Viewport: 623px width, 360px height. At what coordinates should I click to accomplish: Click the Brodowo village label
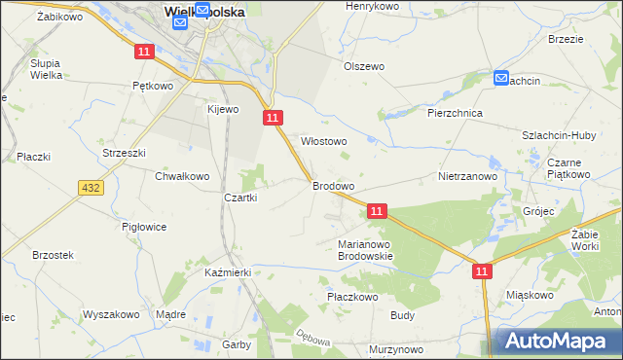click(332, 185)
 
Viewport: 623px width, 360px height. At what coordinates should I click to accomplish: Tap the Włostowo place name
click(324, 141)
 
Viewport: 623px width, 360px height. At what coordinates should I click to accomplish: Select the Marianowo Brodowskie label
click(364, 250)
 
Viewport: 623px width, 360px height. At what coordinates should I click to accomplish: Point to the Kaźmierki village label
click(229, 273)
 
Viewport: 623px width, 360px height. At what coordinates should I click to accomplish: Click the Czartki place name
click(240, 198)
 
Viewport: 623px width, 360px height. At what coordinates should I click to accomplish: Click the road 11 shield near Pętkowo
click(143, 51)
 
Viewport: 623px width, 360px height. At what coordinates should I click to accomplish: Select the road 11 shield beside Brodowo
click(378, 210)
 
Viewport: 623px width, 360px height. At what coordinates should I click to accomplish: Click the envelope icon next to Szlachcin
click(500, 78)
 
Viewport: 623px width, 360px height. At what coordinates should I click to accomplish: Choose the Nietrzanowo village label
click(467, 177)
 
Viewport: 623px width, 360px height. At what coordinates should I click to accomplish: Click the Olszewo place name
click(364, 66)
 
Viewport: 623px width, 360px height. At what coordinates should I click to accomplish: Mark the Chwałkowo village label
click(182, 176)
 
